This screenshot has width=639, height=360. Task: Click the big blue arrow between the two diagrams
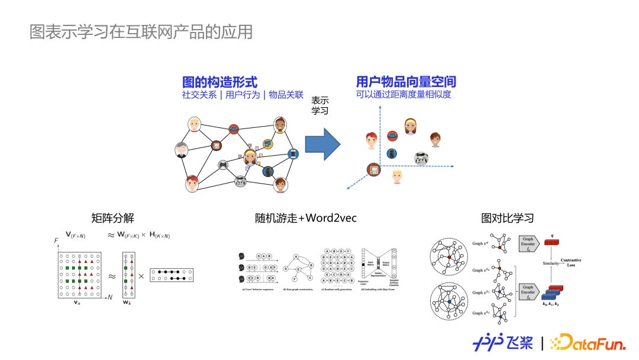pyautogui.click(x=322, y=144)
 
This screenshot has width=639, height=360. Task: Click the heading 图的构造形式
pyautogui.click(x=220, y=82)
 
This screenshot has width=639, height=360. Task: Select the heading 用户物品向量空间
pyautogui.click(x=406, y=82)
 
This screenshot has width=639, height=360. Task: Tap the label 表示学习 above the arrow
pyautogui.click(x=319, y=105)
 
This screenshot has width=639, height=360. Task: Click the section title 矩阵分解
pyautogui.click(x=113, y=218)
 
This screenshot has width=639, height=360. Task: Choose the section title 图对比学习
pyautogui.click(x=508, y=218)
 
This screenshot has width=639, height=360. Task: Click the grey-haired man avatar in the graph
pyautogui.click(x=182, y=149)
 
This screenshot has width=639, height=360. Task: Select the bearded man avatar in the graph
pyautogui.click(x=280, y=125)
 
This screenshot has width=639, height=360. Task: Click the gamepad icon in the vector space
pyautogui.click(x=420, y=159)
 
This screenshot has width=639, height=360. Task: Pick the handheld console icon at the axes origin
pyautogui.click(x=373, y=170)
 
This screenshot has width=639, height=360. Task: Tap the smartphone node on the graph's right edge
pyautogui.click(x=292, y=154)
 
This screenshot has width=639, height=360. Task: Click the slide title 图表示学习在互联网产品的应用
pyautogui.click(x=141, y=31)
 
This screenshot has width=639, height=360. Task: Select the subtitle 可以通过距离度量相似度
pyautogui.click(x=404, y=95)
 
